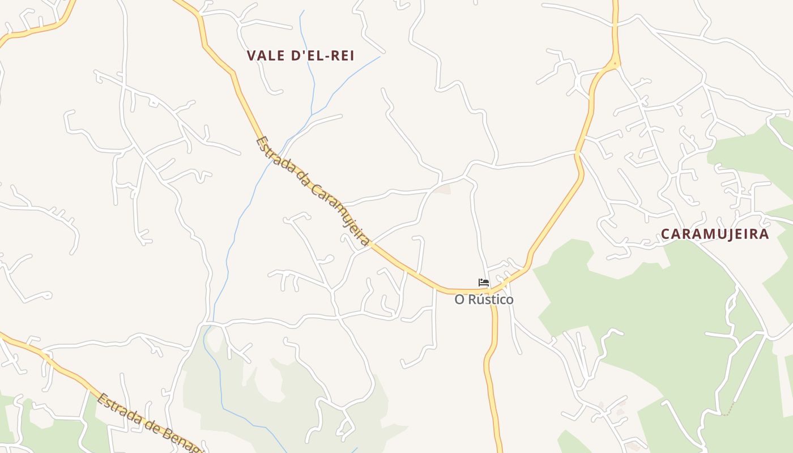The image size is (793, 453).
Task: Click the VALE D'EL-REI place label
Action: [300, 55]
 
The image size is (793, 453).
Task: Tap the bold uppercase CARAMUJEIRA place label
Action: [715, 234]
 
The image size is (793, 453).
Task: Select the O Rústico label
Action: [484, 300]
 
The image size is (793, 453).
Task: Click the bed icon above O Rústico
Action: [484, 282]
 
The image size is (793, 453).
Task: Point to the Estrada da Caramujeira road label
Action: [313, 191]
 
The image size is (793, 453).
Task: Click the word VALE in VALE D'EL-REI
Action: [266, 55]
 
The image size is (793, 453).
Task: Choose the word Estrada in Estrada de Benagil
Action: [117, 407]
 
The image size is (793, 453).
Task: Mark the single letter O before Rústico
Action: [459, 300]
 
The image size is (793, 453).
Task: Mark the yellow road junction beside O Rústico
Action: [492, 290]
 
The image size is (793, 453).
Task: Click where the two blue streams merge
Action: [312, 112]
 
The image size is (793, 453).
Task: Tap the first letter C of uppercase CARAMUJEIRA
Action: [666, 234]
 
